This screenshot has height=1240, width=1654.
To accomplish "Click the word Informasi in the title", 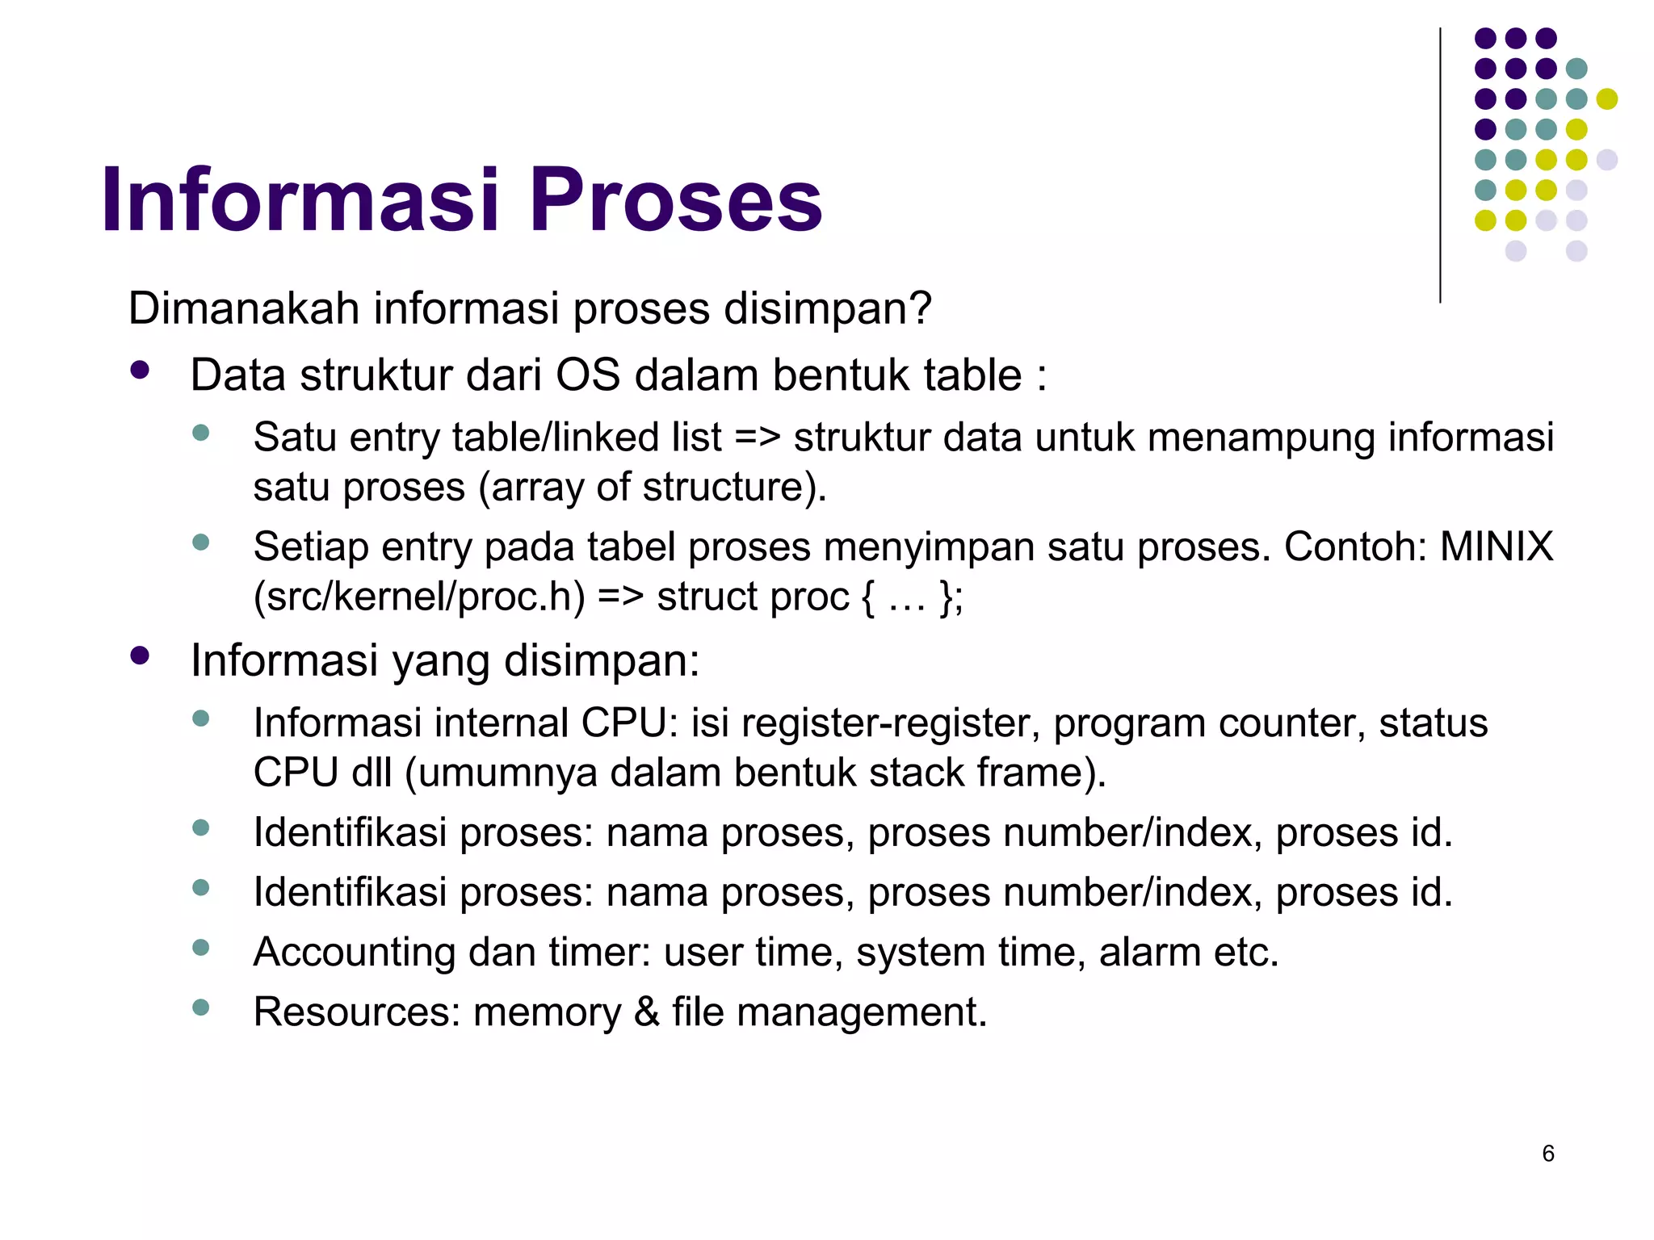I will coord(300,199).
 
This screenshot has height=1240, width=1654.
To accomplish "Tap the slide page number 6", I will coord(1547,1153).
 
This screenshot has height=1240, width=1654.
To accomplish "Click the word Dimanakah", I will coord(243,308).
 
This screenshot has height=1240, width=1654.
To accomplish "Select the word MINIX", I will coord(1496,547).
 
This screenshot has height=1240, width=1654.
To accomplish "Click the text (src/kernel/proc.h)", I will coord(418,597).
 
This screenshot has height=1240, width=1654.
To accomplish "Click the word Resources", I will coord(356,1012).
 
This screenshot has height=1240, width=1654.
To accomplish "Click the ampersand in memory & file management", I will coord(647,1012).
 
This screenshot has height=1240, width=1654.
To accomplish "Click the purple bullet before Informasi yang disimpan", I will coord(140,656).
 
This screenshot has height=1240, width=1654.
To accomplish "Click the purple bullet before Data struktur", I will coord(140,371).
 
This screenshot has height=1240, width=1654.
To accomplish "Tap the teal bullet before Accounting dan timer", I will coord(201,947).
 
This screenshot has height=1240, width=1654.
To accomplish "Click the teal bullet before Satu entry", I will coord(201,433).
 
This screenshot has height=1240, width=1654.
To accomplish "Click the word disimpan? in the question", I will coord(828,308).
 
